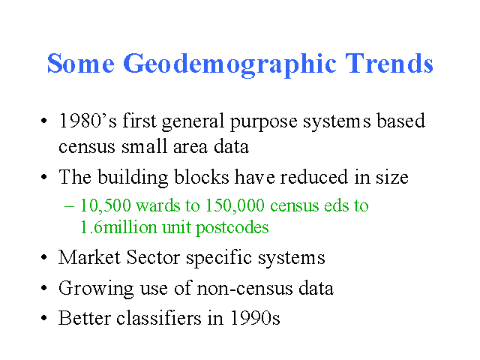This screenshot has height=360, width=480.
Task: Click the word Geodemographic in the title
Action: [229, 64]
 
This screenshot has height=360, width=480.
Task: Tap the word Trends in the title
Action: [389, 63]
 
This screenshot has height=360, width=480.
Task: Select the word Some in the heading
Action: [81, 63]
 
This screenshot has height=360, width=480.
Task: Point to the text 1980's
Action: [88, 120]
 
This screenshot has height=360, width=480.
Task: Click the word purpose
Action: [263, 121]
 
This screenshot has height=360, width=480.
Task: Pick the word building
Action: [133, 177]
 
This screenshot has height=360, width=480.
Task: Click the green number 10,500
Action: [106, 205]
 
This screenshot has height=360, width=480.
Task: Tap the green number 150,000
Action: [235, 205]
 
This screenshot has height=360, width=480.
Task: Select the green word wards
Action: [158, 205]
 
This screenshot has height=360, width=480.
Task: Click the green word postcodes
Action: [232, 228]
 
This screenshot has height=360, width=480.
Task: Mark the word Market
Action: [89, 257]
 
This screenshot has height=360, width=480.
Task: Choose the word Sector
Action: [153, 257]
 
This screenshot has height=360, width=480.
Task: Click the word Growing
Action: [96, 289]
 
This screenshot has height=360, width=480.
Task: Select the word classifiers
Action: [159, 318]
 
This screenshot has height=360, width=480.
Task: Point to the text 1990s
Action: [255, 318]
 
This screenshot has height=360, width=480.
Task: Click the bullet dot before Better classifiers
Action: [44, 318]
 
